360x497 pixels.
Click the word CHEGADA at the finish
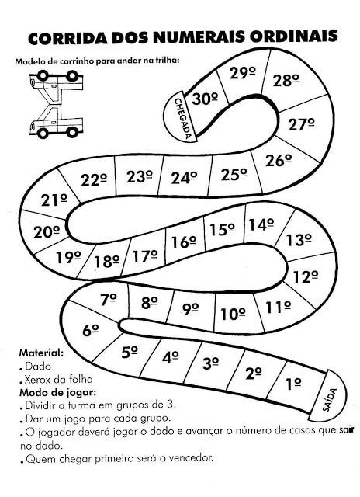coord(183,119)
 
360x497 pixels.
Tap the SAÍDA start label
coord(330,400)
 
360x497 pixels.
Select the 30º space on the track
coord(205,99)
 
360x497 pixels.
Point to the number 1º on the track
coord(293,384)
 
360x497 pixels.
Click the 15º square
coord(222,230)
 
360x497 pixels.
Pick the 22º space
coord(94,179)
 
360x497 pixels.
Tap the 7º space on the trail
coord(109,300)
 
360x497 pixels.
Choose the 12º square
coord(306,276)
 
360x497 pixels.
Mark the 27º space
coord(302,124)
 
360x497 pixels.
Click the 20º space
coord(47,232)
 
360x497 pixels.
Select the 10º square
coord(233,314)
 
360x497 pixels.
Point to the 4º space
coord(171,357)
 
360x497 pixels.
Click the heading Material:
coord(41,353)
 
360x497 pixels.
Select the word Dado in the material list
coord(38,367)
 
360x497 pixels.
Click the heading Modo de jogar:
coord(57,393)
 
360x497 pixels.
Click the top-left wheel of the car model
coord(43,75)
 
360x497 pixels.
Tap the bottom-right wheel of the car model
coord(72,132)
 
